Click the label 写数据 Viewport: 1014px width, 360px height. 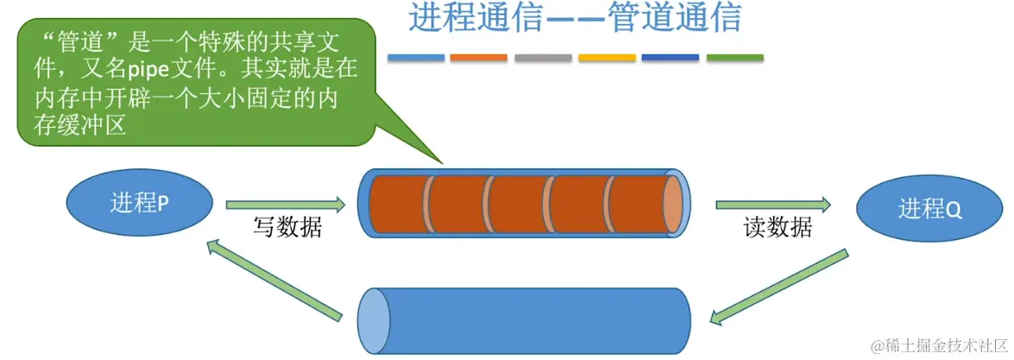[x=287, y=227]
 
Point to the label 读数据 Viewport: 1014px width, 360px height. [x=778, y=227]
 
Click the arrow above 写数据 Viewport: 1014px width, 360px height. [x=286, y=205]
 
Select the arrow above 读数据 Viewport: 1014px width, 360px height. [x=773, y=205]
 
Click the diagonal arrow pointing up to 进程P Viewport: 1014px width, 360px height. [x=272, y=281]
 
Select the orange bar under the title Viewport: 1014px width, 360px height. [x=479, y=58]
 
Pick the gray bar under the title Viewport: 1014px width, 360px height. [x=543, y=58]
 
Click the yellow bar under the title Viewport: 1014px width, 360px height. [x=607, y=58]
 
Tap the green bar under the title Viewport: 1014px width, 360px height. [x=734, y=58]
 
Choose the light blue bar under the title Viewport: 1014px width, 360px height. [x=416, y=58]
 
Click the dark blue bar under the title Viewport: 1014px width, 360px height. [x=671, y=58]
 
